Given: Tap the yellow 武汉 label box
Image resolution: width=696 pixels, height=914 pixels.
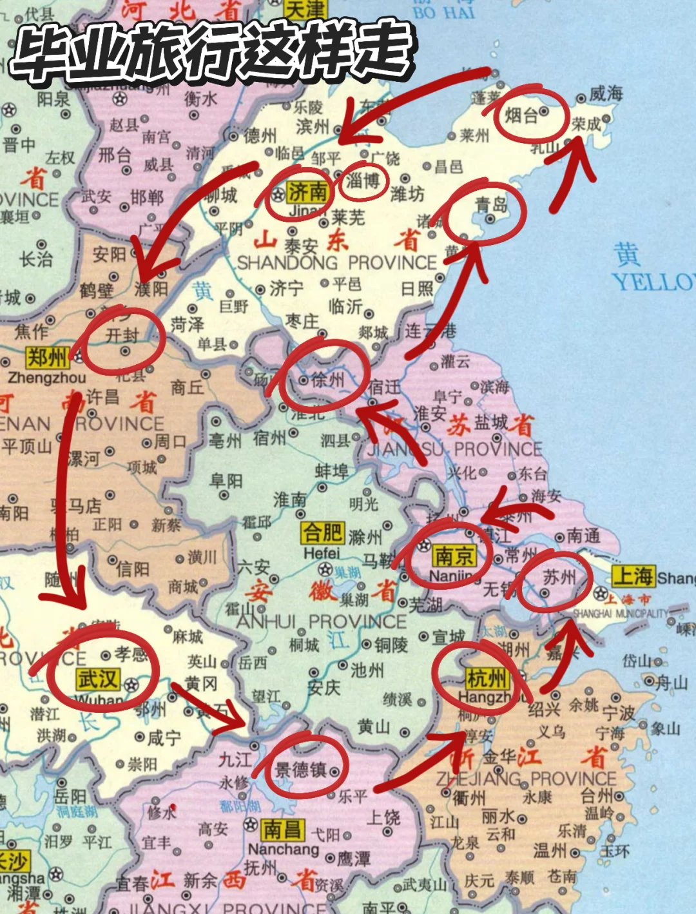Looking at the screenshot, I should (x=97, y=679).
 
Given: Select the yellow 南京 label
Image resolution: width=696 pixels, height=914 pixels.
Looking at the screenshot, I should (x=453, y=556).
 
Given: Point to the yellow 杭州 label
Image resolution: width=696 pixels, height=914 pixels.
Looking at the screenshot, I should (x=487, y=678).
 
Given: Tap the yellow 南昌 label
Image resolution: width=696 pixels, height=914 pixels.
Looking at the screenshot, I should (x=282, y=830).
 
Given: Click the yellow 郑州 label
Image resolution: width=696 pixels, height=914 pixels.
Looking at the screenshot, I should (x=47, y=357).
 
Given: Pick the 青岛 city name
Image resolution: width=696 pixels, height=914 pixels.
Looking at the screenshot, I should (x=492, y=205).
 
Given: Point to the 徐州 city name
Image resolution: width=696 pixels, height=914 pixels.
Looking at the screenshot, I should (x=328, y=380).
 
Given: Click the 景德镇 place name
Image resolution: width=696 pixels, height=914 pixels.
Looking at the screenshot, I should (x=301, y=770).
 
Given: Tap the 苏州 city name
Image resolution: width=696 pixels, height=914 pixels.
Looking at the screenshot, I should (x=559, y=577).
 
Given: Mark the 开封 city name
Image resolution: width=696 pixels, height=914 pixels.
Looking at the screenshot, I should (x=122, y=335).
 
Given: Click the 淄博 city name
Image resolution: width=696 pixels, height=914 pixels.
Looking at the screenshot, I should (x=363, y=181).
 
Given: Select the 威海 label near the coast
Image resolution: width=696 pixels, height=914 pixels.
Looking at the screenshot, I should (x=606, y=94).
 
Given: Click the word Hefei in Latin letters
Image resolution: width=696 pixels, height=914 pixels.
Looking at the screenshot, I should (x=322, y=553).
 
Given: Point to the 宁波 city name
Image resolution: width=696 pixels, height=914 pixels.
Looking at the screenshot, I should (x=619, y=713).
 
